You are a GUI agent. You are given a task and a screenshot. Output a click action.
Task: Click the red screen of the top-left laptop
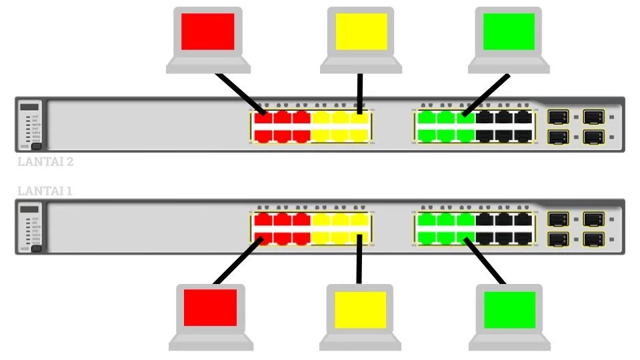pyautogui.click(x=208, y=31)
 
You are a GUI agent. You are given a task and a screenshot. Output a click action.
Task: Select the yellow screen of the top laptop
pyautogui.click(x=361, y=31)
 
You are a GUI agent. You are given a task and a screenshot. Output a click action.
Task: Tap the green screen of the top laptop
pyautogui.click(x=509, y=31)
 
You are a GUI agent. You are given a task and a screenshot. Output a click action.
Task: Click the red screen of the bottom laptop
pyautogui.click(x=210, y=308)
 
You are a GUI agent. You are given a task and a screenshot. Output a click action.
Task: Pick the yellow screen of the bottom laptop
pyautogui.click(x=361, y=309)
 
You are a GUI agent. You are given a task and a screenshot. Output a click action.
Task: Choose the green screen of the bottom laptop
pyautogui.click(x=509, y=309)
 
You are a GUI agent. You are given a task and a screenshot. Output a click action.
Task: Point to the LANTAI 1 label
pyautogui.click(x=44, y=191)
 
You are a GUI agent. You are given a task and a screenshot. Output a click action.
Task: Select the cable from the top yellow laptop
pyautogui.click(x=360, y=93)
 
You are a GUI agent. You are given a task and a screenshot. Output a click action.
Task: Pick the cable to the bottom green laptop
pyautogui.click(x=486, y=259)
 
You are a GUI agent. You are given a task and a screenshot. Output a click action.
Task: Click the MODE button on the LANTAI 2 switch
pyautogui.click(x=36, y=146)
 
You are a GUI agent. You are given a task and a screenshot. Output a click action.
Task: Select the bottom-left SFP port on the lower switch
pyautogui.click(x=557, y=238)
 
